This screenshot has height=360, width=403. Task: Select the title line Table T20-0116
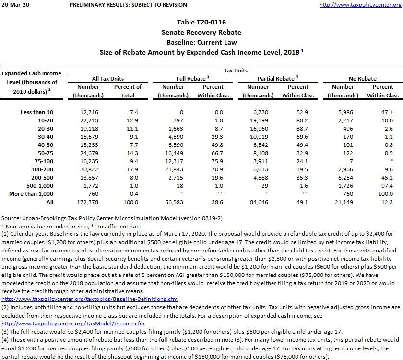201,23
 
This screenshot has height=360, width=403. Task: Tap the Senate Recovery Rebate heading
201,32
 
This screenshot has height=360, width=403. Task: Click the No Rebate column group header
362,78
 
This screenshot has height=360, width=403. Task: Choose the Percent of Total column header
128,91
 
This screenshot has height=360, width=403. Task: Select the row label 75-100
44,162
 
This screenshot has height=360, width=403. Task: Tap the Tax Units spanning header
236,70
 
